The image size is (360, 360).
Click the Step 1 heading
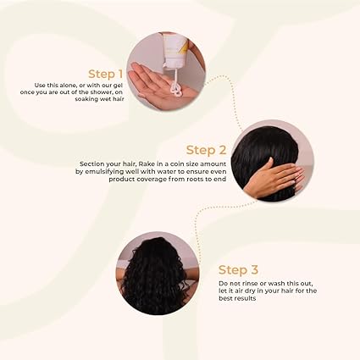coord(106,75)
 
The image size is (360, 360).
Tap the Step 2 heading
coord(207,150)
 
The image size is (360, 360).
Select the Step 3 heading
coord(238,270)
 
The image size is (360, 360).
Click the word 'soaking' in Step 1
coord(86,99)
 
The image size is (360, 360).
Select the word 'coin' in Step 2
coord(176,164)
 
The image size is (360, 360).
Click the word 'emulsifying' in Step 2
coord(102,172)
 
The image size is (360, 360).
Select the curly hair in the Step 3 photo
coord(155,275)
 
